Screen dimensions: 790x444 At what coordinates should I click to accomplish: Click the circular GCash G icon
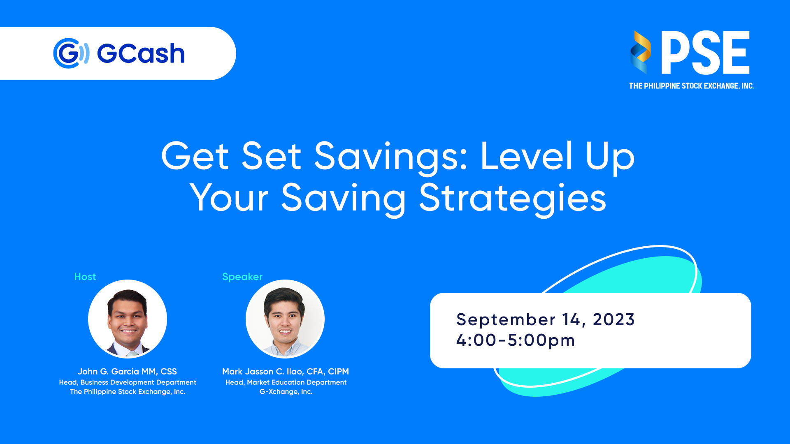click(x=71, y=53)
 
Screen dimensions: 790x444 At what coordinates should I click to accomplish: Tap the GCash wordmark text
click(x=141, y=54)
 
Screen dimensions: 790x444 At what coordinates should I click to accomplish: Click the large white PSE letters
click(x=705, y=53)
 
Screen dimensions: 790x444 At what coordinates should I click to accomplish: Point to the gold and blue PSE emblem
click(x=640, y=52)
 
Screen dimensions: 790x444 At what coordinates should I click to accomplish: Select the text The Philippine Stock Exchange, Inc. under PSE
click(x=691, y=86)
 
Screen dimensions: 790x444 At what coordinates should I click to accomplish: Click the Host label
click(x=85, y=277)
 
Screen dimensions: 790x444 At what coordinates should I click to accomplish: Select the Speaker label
click(x=242, y=277)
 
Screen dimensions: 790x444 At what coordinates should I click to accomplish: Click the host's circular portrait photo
click(x=128, y=319)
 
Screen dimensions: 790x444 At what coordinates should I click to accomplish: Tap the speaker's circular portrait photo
click(x=285, y=319)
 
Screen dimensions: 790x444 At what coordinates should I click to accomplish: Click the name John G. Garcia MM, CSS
click(x=127, y=372)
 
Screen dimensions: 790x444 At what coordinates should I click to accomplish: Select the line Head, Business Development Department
click(x=128, y=383)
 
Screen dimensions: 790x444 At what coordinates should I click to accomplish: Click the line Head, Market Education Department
click(x=286, y=383)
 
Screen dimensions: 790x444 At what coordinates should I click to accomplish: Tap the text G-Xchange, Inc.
click(x=286, y=392)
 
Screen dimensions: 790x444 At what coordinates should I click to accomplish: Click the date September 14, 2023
click(x=546, y=319)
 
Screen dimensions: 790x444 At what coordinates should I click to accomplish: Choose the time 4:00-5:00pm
click(x=516, y=340)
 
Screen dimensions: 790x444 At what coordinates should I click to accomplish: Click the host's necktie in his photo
click(x=132, y=353)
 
